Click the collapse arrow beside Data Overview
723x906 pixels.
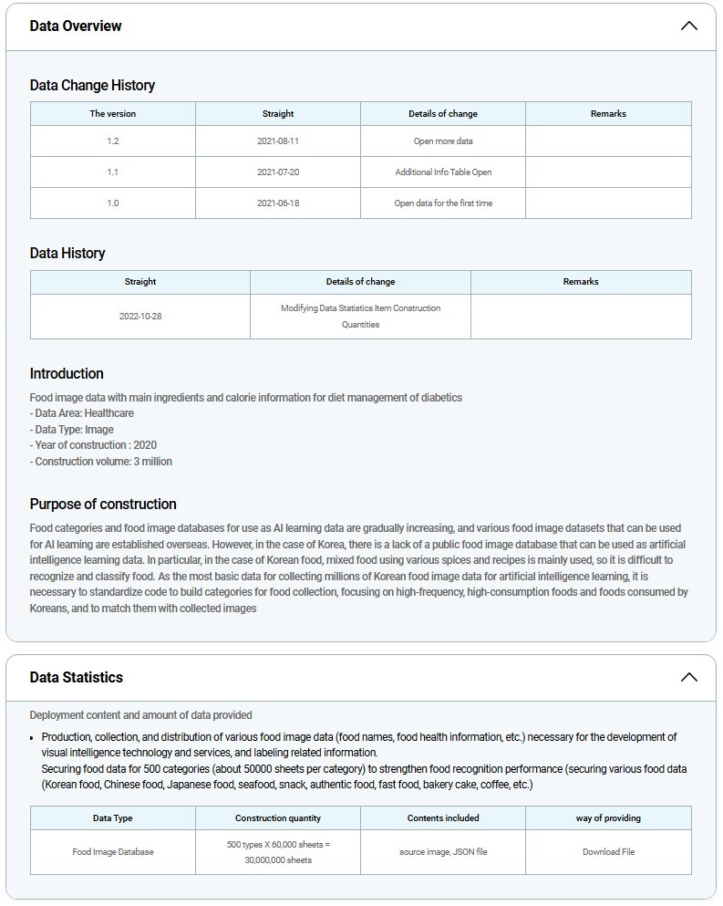[688, 26]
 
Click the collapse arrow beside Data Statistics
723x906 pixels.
[688, 677]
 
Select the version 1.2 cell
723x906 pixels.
[112, 141]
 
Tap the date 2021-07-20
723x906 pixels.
[278, 172]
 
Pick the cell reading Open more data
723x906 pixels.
[443, 141]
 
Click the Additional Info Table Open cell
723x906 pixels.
[443, 172]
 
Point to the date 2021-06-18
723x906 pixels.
[278, 203]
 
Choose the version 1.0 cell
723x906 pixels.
[112, 203]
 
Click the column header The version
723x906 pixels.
[112, 114]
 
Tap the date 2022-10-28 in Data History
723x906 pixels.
[140, 317]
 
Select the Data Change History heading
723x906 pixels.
[92, 86]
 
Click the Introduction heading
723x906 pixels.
[67, 373]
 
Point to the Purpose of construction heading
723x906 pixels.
[103, 504]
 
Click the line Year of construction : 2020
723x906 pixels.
[93, 445]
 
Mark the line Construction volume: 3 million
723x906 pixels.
[100, 462]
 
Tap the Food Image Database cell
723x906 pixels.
[113, 852]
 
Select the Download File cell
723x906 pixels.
[608, 852]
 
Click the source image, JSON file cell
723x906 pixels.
[443, 852]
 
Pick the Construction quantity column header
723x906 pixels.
[278, 818]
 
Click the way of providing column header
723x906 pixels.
[608, 818]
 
